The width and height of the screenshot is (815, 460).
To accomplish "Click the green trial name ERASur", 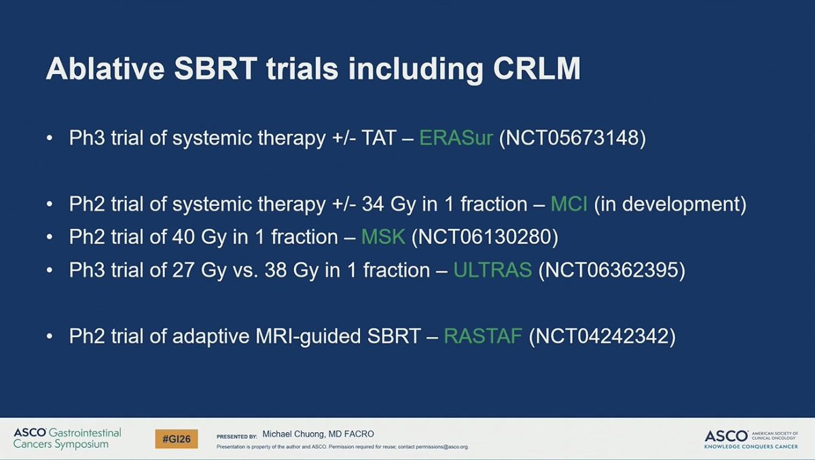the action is [x=456, y=138].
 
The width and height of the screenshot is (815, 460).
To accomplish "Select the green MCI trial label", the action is [x=569, y=204].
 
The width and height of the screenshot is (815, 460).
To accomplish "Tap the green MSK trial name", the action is [x=383, y=237].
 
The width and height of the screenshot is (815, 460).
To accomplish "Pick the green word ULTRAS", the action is [x=492, y=270].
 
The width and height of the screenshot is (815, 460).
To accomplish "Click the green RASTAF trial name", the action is [x=483, y=336].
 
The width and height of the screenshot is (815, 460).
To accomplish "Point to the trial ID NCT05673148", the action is [x=573, y=138].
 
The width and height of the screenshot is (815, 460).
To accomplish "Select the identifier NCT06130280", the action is [x=485, y=237].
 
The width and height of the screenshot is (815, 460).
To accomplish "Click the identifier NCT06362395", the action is [x=612, y=270].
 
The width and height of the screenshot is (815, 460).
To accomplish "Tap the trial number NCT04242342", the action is [x=602, y=336].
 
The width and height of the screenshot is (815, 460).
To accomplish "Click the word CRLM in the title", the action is [x=537, y=69].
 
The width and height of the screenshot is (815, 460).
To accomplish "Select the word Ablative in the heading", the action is [x=105, y=69].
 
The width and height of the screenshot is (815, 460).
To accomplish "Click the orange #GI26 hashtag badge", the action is [x=177, y=439].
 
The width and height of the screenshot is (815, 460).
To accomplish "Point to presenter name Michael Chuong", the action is [x=294, y=434].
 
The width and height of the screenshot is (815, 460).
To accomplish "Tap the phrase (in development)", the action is [x=670, y=204].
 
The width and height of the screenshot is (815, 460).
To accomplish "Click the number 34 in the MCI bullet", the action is [x=373, y=204].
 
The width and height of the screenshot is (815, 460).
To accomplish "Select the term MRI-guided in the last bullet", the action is [x=308, y=336].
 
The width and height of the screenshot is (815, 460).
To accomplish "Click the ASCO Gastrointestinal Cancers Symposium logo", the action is [x=67, y=438].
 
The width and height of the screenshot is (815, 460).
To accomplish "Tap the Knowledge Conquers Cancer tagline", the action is [x=751, y=446].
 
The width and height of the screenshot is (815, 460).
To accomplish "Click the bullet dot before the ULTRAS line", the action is [x=50, y=270].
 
